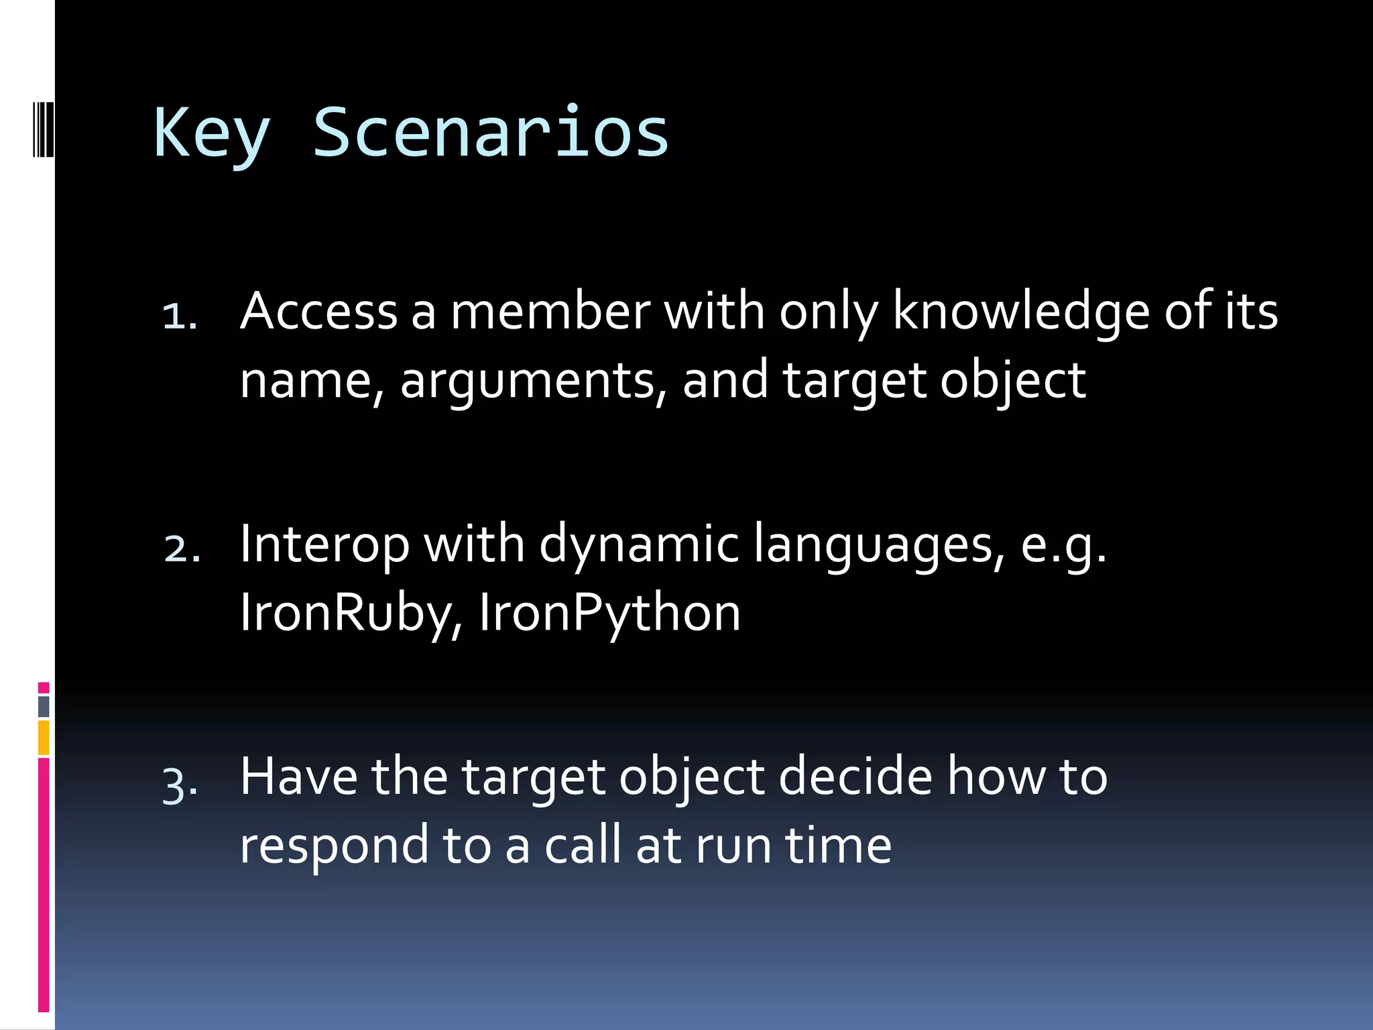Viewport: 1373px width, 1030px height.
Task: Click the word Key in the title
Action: tap(212, 134)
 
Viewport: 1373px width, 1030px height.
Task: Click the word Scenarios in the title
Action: tap(491, 133)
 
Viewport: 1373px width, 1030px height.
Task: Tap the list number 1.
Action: tap(180, 315)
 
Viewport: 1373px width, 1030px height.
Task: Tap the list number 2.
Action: tap(182, 549)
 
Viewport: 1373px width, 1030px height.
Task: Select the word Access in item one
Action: tap(319, 312)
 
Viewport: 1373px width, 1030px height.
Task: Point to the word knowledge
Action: tap(1020, 312)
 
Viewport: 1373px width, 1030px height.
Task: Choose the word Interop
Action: tap(324, 545)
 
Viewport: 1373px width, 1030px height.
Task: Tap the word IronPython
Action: tap(609, 613)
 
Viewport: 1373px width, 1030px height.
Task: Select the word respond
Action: tap(334, 846)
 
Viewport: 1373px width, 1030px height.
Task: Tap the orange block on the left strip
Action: tap(44, 738)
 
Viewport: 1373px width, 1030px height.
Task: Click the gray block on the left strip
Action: tap(44, 706)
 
